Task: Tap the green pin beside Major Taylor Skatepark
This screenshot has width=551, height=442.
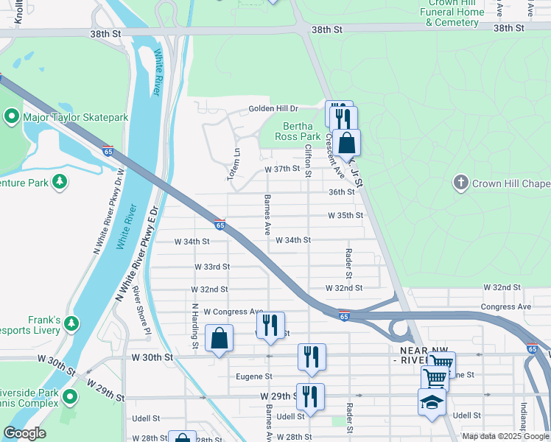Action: point(12,117)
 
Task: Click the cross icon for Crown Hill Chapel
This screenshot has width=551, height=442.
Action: point(460,183)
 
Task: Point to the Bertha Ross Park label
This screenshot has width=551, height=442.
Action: point(298,131)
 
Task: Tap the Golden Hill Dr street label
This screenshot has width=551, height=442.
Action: point(272,108)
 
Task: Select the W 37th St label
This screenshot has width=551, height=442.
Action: point(283,169)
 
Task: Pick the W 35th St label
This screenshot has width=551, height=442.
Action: point(345,216)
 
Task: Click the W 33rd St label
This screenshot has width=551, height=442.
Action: point(212,267)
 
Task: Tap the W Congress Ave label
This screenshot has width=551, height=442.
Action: point(234,312)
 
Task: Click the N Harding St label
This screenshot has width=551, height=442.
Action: point(195,326)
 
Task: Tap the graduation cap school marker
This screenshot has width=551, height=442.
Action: point(432,402)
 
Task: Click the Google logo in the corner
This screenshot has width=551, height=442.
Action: point(24,434)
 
